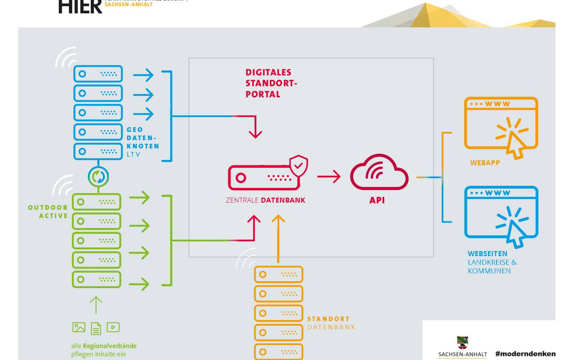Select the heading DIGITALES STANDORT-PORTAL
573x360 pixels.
tap(269, 83)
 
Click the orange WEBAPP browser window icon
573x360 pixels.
tap(501, 127)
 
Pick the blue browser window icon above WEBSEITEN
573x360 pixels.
tap(501, 216)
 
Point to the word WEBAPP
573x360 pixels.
tap(485, 163)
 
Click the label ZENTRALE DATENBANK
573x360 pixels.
tap(265, 200)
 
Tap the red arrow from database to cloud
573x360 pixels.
tap(328, 176)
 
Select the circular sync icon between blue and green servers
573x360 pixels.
tap(98, 176)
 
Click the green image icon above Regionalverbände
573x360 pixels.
tap(79, 328)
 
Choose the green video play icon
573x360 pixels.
tap(113, 328)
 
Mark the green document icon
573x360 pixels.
tap(96, 328)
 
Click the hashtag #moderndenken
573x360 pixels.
tap(525, 354)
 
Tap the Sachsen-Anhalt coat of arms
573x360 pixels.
tap(462, 343)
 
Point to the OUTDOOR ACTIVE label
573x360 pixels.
tap(48, 212)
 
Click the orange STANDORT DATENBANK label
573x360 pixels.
tap(331, 323)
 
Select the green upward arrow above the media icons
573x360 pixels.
tap(96, 305)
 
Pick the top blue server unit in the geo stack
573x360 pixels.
tap(98, 74)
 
